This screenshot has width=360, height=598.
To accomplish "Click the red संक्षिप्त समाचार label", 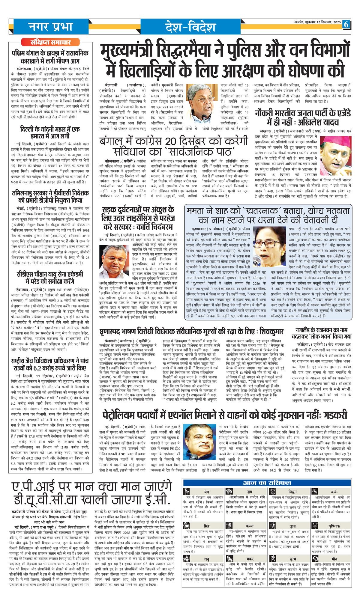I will (50, 42).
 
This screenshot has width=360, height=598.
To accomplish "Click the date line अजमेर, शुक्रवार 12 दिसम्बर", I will (317, 22).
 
